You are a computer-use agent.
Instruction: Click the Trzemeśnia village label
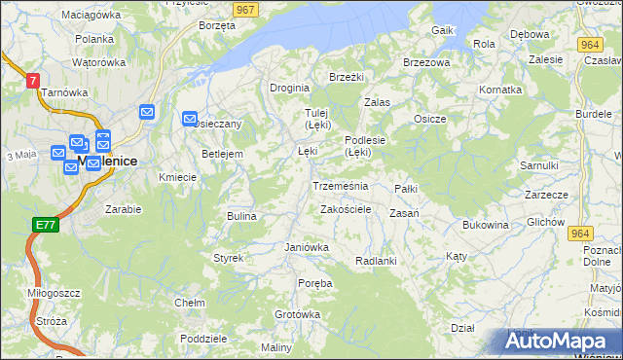tap(340, 185)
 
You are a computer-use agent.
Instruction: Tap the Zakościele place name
tap(345, 209)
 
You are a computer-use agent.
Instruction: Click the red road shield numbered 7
tap(33, 81)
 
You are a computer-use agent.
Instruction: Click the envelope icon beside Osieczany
tap(190, 119)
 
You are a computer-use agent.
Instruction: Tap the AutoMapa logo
tap(561, 342)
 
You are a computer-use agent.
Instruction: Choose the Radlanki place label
tap(376, 261)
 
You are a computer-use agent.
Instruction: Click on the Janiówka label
tap(307, 247)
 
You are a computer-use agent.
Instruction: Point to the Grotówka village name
tap(297, 314)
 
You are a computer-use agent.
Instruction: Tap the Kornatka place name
tap(500, 89)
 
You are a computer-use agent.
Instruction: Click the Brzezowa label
tap(426, 62)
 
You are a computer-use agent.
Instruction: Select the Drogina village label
tap(289, 87)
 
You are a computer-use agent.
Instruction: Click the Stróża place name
tap(50, 320)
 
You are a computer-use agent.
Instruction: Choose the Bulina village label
tap(240, 216)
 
